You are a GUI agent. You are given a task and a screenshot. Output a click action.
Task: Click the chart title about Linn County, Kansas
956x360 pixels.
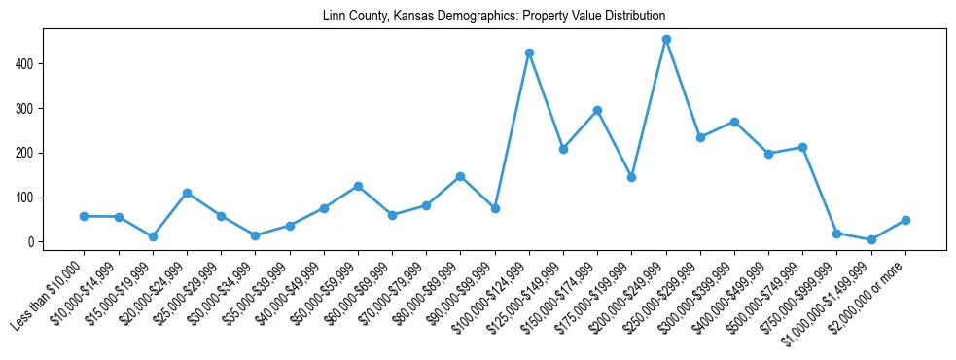[494, 17]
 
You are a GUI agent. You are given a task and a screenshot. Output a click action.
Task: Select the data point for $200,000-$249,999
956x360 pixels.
[666, 40]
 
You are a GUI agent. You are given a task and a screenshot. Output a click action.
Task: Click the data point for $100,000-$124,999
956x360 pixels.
[529, 53]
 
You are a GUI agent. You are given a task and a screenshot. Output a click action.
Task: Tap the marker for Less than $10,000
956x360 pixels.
[85, 216]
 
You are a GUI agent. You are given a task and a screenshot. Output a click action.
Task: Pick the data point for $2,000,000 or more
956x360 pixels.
[905, 220]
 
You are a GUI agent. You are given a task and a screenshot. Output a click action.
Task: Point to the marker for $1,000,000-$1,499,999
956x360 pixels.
[871, 239]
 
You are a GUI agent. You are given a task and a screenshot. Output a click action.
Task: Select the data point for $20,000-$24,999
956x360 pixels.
[187, 193]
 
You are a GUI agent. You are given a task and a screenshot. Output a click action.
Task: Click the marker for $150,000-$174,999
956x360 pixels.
[597, 110]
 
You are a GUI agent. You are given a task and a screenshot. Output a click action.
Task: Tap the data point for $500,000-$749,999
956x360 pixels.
[802, 147]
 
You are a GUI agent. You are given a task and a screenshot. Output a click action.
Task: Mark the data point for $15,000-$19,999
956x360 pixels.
[153, 236]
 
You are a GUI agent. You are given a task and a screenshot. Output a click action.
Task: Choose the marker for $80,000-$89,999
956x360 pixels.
[460, 176]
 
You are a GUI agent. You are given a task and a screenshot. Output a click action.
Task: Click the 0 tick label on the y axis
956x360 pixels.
[31, 242]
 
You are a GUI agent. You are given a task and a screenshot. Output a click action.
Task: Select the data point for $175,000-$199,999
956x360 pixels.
[631, 177]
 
